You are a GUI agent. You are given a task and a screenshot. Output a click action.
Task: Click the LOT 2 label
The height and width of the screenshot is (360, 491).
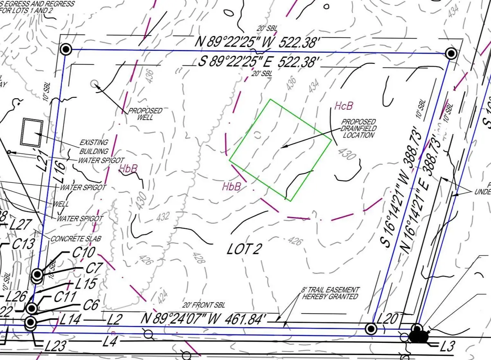[244, 249]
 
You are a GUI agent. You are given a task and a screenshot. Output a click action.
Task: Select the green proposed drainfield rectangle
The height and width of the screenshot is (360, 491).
[280, 150]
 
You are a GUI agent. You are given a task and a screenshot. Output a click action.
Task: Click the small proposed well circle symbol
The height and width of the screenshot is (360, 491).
[95, 84]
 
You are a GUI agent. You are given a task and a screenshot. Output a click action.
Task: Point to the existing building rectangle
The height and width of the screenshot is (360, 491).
[32, 132]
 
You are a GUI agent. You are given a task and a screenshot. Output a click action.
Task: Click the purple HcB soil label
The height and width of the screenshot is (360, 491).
[343, 107]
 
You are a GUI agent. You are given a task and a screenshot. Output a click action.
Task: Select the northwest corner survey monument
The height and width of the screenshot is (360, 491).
[66, 50]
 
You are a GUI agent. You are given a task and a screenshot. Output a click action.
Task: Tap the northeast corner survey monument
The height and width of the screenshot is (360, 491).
[451, 53]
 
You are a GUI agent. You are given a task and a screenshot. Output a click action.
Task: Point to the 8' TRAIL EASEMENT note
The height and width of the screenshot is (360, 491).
[330, 293]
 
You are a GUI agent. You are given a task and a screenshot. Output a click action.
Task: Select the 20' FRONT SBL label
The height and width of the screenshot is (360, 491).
[204, 305]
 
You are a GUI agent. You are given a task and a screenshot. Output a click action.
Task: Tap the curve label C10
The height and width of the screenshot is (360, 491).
[83, 252]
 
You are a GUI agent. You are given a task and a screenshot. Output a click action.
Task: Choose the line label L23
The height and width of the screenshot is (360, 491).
[55, 346]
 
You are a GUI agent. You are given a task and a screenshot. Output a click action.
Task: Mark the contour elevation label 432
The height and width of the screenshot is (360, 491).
[162, 217]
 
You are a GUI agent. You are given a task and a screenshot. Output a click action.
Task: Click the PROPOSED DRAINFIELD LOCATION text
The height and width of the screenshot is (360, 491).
[358, 128]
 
